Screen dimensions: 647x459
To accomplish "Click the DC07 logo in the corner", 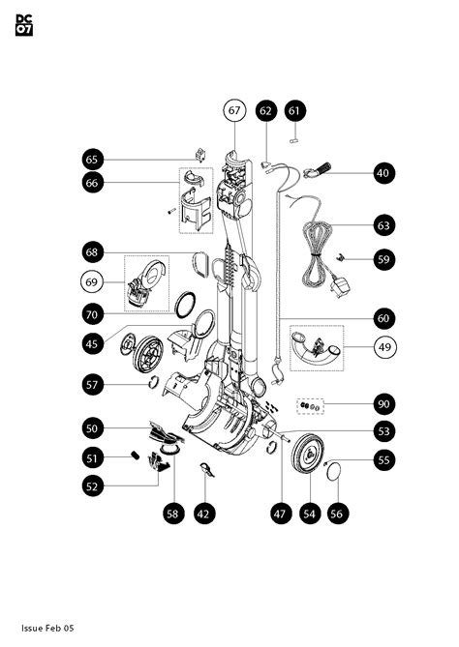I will coord(25,26).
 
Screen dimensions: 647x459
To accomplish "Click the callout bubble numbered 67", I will coord(233,111).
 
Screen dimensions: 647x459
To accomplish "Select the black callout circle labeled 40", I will coord(382,173).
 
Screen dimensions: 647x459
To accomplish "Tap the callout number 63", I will coord(382,225).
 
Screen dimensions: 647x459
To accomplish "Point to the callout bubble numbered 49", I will coord(382,348).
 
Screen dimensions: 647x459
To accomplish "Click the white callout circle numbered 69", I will coord(92,283).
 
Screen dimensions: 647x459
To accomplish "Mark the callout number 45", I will coord(92,343).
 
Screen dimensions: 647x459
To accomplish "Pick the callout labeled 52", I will coord(92,486).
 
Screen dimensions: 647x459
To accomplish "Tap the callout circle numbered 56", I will coord(336,515).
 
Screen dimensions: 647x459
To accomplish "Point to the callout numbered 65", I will coord(92,159).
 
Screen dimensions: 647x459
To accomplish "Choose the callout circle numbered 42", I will coord(203,515).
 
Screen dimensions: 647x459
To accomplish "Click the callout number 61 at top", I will coord(294,111).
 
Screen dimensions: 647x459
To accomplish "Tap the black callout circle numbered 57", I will coord(92,385).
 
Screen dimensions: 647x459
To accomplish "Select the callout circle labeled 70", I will coord(92,314).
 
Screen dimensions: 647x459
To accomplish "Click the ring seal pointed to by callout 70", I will coord(184,306).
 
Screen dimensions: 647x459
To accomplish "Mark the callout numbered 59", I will coord(382,259).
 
